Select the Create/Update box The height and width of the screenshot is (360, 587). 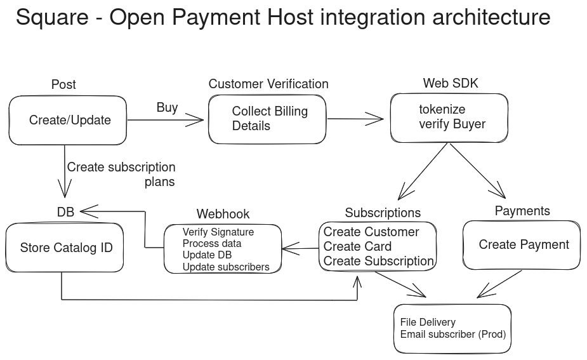pyautogui.click(x=69, y=120)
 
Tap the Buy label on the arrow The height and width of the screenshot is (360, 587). pyautogui.click(x=167, y=107)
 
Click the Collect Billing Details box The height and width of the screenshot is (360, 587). pyautogui.click(x=267, y=119)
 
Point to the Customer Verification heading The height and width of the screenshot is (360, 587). pyautogui.click(x=268, y=84)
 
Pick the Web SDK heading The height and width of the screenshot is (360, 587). pyautogui.click(x=451, y=84)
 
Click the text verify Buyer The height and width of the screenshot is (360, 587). pyautogui.click(x=452, y=124)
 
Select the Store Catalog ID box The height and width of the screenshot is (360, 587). pyautogui.click(x=65, y=248)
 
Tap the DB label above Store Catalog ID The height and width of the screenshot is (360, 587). pyautogui.click(x=65, y=212)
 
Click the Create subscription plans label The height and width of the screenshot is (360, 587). pyautogui.click(x=121, y=174)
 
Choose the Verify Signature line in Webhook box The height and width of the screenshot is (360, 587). pyautogui.click(x=218, y=232)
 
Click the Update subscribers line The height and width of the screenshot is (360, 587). pyautogui.click(x=225, y=267)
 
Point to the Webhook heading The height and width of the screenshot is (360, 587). pyautogui.click(x=223, y=214)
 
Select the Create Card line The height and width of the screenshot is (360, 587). pyautogui.click(x=357, y=246)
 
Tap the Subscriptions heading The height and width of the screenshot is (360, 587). pyautogui.click(x=383, y=213)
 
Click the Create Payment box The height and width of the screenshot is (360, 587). pyautogui.click(x=523, y=245)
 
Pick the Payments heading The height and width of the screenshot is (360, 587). pyautogui.click(x=522, y=211)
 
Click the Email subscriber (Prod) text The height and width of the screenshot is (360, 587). pyautogui.click(x=452, y=335)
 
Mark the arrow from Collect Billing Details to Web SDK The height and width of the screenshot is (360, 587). pyautogui.click(x=355, y=119)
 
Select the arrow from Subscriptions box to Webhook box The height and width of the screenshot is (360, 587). pyautogui.click(x=300, y=249)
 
